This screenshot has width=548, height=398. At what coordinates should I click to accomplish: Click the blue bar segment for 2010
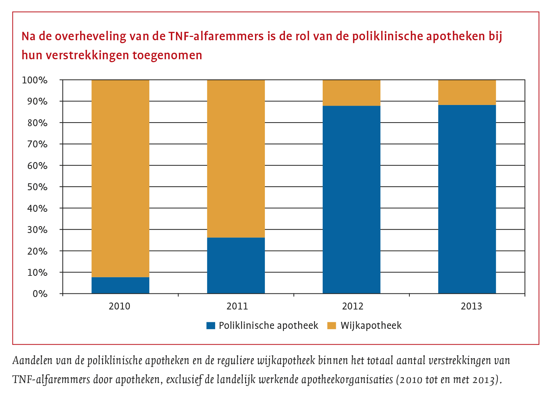click(x=120, y=285)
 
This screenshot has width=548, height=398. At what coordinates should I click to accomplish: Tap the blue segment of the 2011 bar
click(x=236, y=266)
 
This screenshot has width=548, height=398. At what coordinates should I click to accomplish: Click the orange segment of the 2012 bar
click(x=352, y=93)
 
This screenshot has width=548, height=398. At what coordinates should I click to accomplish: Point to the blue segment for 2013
click(x=467, y=199)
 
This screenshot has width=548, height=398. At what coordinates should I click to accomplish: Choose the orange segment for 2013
click(x=467, y=93)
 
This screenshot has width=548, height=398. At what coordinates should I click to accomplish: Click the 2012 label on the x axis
click(x=353, y=306)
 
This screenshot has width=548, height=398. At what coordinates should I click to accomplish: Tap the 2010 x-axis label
click(x=120, y=306)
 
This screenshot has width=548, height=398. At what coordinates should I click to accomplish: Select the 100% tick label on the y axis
click(x=35, y=80)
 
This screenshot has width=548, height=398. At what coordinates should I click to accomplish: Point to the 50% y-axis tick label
click(x=37, y=187)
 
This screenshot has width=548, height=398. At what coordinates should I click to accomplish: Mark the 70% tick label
click(x=37, y=144)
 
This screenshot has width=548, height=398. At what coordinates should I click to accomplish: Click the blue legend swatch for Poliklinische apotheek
click(x=211, y=326)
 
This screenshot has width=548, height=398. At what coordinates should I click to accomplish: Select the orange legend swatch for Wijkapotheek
click(x=331, y=326)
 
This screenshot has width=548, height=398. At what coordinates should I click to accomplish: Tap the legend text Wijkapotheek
click(x=371, y=326)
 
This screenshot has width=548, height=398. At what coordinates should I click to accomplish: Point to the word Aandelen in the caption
click(x=32, y=361)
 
